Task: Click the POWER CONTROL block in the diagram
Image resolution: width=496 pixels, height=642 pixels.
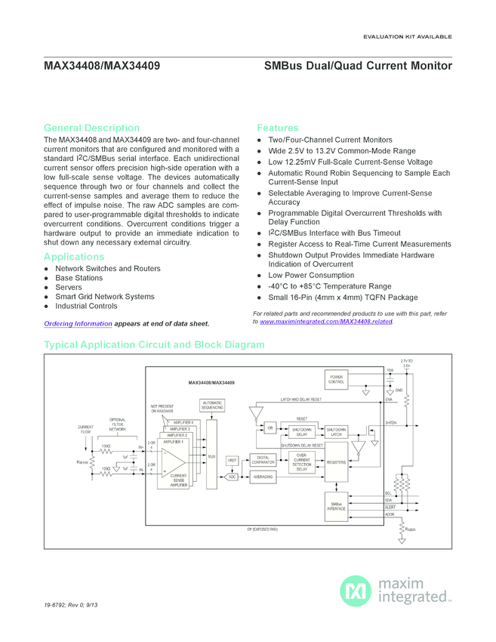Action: tap(336, 380)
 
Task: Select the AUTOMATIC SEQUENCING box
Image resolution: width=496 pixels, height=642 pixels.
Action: tap(212, 406)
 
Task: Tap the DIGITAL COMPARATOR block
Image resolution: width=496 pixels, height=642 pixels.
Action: tap(263, 459)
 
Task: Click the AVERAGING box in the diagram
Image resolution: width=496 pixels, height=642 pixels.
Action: tap(263, 477)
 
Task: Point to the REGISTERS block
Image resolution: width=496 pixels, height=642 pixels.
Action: tap(337, 461)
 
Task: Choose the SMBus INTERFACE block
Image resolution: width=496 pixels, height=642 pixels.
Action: tap(337, 506)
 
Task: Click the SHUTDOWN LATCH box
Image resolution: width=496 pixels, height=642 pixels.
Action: tap(337, 432)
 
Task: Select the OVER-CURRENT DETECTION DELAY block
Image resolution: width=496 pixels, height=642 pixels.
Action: tap(301, 462)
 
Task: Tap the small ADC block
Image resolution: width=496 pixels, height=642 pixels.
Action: tap(232, 477)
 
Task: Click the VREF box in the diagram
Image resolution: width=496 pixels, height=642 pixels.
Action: tap(233, 460)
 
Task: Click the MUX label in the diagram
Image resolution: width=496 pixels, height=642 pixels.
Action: tap(211, 456)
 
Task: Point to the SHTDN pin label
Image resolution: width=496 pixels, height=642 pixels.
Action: tap(390, 423)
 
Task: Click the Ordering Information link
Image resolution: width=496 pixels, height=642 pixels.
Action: tap(78, 324)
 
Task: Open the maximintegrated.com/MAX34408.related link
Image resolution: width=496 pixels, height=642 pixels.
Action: tap(326, 322)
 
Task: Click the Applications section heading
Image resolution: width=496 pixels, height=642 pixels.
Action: tap(74, 257)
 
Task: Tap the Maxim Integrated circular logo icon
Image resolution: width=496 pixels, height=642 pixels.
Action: tap(356, 591)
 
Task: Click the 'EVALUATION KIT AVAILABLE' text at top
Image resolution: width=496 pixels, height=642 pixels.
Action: tap(408, 36)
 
